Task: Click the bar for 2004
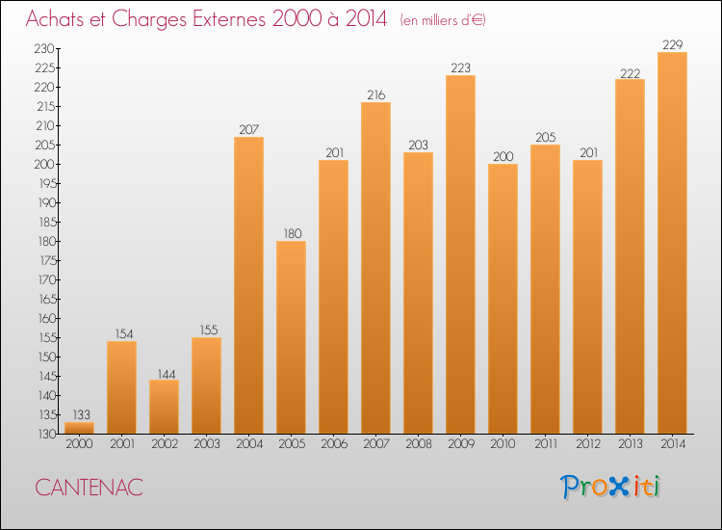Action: [x=248, y=285]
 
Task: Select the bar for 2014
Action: [x=672, y=243]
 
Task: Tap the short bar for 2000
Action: [x=79, y=428]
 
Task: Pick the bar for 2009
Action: [x=460, y=254]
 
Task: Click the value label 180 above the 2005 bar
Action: [x=291, y=233]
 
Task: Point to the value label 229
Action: [x=672, y=44]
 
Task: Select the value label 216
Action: [x=375, y=94]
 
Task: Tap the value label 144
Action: [x=164, y=372]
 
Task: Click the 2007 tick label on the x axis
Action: [x=375, y=444]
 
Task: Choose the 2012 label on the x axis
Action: [x=587, y=444]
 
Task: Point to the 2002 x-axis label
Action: [x=164, y=444]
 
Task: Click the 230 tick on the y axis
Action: [x=44, y=48]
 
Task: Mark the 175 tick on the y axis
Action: [x=44, y=260]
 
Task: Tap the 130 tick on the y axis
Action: [x=44, y=434]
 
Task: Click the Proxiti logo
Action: [x=610, y=487]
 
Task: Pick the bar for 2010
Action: [x=503, y=299]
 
